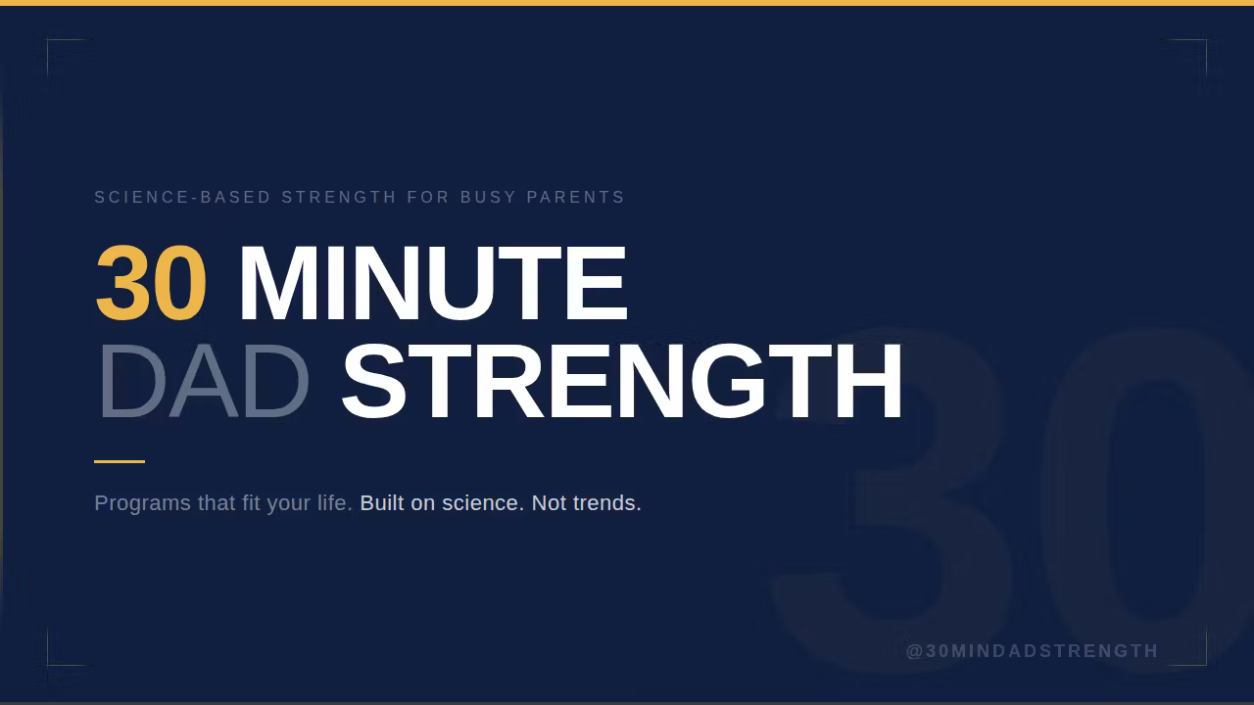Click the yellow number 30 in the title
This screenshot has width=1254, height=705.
point(151,285)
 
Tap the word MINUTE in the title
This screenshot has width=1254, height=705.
point(432,285)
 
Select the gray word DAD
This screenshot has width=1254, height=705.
point(203,383)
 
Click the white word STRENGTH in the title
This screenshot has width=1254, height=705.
point(621,383)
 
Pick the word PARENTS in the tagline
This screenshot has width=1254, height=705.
point(576,198)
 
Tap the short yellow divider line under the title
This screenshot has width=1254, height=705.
point(120,461)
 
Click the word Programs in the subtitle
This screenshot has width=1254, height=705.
point(142,503)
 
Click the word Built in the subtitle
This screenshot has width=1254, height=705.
point(382,503)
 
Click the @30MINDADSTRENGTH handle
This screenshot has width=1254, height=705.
point(1033,651)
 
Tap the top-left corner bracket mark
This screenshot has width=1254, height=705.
point(49,42)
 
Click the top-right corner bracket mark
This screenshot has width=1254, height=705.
point(1204,42)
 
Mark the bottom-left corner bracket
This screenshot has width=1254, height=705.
point(49,663)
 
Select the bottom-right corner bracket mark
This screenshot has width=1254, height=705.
point(1204,663)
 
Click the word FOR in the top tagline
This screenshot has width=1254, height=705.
point(428,198)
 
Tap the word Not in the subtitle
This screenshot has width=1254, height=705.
point(549,503)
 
